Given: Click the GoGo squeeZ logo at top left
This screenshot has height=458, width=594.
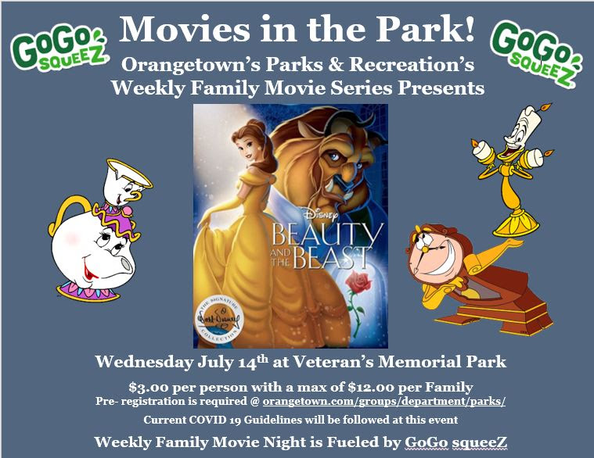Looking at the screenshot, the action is [59, 47].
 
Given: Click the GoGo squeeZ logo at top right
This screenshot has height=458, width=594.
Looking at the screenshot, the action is [535, 52].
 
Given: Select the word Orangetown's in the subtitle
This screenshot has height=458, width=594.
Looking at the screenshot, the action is [190, 64].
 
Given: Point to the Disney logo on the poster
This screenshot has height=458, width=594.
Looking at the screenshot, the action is [321, 215].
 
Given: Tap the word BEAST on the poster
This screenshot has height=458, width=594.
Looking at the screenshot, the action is [332, 258].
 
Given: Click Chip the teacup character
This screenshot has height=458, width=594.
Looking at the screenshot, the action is [125, 185].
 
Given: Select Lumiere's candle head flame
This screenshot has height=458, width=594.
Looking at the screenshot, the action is [546, 107].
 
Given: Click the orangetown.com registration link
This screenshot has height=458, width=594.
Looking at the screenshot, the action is [383, 401].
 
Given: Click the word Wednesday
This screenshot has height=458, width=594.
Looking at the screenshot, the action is [144, 362].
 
